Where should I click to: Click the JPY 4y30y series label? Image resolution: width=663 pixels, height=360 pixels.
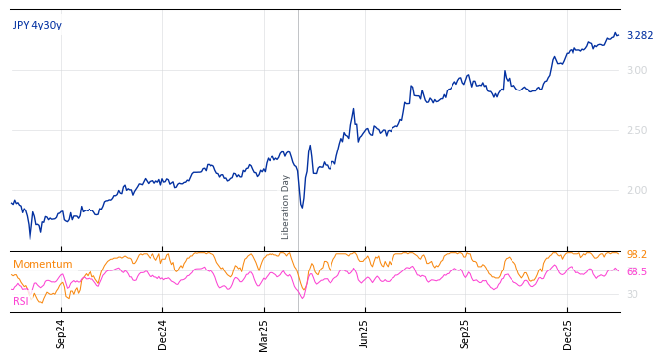click(x=37, y=26)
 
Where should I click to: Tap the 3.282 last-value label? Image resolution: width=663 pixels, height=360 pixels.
click(x=639, y=36)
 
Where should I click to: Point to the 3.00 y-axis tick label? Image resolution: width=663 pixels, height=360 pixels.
click(x=636, y=70)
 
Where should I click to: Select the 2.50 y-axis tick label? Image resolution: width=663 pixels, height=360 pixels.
click(x=636, y=130)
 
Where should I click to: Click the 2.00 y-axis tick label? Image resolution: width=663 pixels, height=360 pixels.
click(x=636, y=190)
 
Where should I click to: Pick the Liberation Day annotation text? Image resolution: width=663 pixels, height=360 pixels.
click(x=286, y=207)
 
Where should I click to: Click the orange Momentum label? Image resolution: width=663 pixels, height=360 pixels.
click(x=42, y=265)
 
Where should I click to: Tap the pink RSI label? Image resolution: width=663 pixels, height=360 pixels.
click(x=21, y=301)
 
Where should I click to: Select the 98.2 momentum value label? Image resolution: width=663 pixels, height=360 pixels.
click(x=636, y=255)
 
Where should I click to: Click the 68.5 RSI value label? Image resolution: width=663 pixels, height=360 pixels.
click(x=636, y=272)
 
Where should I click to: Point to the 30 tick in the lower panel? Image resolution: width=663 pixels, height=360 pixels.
click(x=632, y=294)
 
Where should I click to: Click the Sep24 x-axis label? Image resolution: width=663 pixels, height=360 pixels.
click(x=61, y=332)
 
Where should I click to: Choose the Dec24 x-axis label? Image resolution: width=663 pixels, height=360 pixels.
click(x=162, y=332)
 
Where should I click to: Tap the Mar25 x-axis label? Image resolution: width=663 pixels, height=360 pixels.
click(x=264, y=332)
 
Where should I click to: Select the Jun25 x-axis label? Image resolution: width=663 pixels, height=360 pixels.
click(x=365, y=332)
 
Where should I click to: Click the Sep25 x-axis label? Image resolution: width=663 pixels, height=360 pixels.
click(x=466, y=332)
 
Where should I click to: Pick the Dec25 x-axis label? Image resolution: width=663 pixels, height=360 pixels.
click(x=568, y=332)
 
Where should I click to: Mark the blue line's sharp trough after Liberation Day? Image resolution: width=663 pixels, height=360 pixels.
click(x=302, y=207)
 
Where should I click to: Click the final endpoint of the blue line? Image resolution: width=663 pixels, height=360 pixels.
click(x=618, y=35)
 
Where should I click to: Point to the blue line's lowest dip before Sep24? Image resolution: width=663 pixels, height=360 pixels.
click(x=30, y=238)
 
